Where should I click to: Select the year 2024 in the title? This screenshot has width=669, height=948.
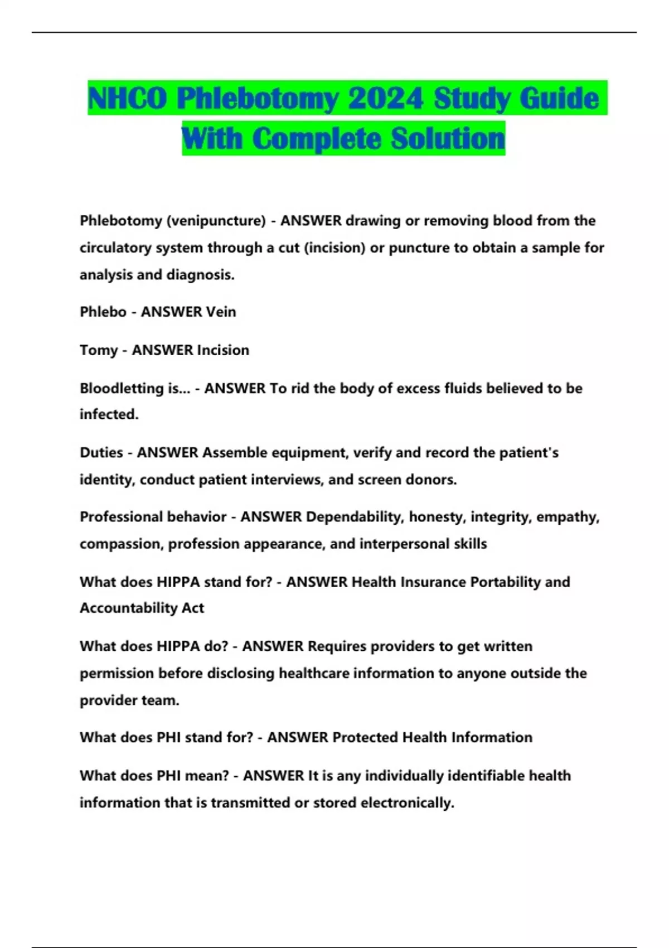[x=385, y=99]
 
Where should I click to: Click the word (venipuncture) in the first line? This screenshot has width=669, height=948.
[x=216, y=221]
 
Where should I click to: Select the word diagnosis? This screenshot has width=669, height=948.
[x=201, y=275]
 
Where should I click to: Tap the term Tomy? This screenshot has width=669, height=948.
[x=99, y=350]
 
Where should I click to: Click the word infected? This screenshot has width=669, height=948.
[x=109, y=414]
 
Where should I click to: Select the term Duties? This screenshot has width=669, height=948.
[x=101, y=452]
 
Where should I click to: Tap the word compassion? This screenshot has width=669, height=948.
[x=121, y=544]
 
